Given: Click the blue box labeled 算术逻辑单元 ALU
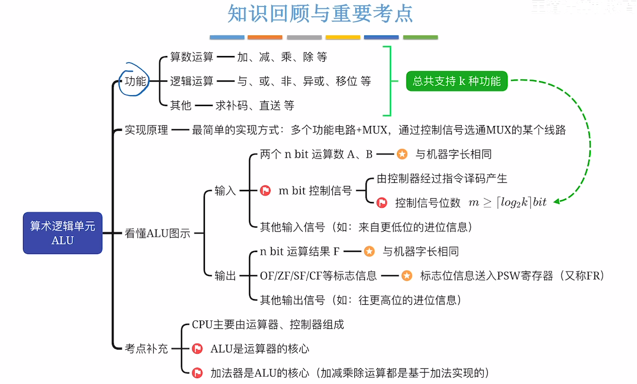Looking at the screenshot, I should (63, 233).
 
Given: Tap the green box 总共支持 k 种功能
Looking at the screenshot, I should (456, 81).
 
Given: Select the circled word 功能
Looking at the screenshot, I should (135, 81).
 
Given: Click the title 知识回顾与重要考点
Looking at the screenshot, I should (320, 14).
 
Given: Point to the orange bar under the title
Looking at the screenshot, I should (265, 37).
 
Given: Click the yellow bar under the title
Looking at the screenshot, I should (343, 37).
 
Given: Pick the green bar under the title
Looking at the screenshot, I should (420, 37).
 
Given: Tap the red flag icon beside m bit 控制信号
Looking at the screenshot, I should (265, 190).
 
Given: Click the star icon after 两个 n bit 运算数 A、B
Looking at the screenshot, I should (402, 154).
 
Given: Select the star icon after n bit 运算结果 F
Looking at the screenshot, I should (369, 251).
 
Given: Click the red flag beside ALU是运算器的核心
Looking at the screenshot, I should (197, 349).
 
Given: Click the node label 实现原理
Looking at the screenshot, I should (146, 130).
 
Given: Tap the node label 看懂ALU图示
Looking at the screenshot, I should (157, 233).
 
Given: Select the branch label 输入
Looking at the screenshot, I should (225, 191).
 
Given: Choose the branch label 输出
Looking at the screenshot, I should (225, 276).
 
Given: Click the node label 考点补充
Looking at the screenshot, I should (146, 349).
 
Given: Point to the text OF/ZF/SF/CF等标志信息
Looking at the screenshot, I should (318, 276).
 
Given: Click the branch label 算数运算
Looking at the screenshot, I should (192, 57).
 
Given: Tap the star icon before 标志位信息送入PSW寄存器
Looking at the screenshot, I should (407, 276).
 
